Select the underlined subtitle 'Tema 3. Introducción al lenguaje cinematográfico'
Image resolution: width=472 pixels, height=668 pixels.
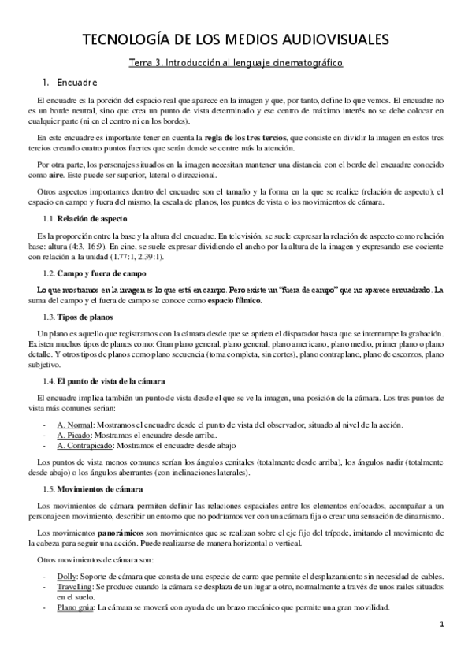(236, 61)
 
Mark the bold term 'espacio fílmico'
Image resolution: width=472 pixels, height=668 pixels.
(234, 301)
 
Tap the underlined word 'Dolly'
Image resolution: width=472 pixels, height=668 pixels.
(66, 577)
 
